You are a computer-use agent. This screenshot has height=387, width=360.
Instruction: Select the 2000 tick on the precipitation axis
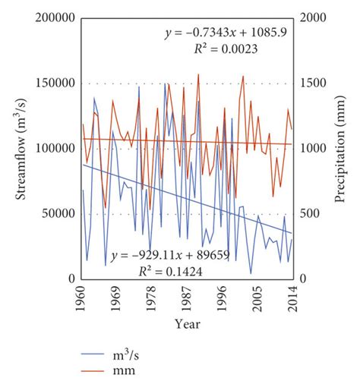[313, 18]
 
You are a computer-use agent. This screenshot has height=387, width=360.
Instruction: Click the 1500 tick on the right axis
[313, 83]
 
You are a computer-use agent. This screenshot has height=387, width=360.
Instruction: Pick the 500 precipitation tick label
[310, 214]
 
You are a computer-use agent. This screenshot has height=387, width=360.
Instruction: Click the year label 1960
[81, 299]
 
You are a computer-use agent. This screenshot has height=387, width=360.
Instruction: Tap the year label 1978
[151, 299]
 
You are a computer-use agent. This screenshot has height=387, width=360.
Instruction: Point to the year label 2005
[257, 299]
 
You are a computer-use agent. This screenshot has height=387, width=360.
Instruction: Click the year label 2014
[292, 299]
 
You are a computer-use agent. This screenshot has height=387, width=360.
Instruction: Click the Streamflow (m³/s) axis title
[21, 149]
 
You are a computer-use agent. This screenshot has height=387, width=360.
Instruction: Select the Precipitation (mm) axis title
[339, 149]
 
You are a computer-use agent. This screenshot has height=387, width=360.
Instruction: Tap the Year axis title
[188, 324]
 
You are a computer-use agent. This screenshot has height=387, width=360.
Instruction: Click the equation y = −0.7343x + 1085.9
[226, 33]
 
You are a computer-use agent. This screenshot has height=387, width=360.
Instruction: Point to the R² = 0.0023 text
[226, 49]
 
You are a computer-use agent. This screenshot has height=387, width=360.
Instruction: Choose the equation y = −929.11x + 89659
[170, 256]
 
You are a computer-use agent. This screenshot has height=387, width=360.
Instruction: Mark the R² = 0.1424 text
[170, 272]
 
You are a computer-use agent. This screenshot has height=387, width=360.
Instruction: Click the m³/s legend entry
[110, 354]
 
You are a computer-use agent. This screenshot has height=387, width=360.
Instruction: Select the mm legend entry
[108, 371]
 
